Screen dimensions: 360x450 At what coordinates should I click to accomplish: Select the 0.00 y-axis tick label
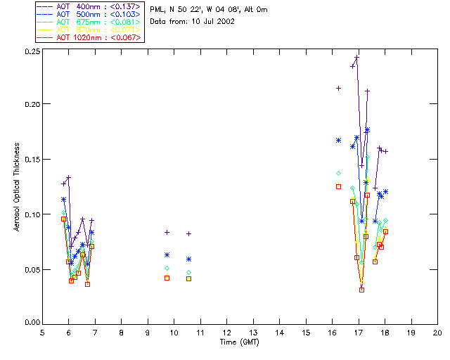point(32,321)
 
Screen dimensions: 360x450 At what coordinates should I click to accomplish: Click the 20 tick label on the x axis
point(437,331)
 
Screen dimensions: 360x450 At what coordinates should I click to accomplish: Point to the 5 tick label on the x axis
point(42,331)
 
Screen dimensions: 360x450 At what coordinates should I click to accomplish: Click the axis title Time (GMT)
point(239,341)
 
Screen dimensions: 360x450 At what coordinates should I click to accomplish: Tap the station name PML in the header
point(157,10)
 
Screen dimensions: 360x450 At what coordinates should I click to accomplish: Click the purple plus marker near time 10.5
point(188,233)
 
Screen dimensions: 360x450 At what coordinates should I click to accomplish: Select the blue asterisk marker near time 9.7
point(167,255)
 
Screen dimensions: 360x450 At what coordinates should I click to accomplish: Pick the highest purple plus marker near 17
point(357,58)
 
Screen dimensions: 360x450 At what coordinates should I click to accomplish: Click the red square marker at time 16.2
point(338,186)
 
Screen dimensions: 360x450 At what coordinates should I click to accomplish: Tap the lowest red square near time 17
point(361,289)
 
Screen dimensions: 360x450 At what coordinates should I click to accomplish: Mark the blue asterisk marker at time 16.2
point(338,140)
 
